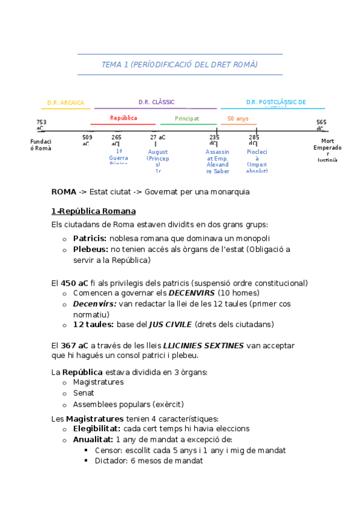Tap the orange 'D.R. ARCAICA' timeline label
tap(66, 103)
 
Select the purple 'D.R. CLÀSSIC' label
tap(156, 102)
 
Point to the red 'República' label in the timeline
tap(123, 118)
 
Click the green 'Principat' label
tap(187, 118)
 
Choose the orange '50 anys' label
tap(238, 118)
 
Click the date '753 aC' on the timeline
tap(41, 125)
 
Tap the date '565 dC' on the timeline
tap(322, 125)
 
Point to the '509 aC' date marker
tap(87, 141)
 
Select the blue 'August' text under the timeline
tap(157, 152)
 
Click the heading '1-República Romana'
tap(94, 211)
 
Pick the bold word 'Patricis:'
tap(90, 238)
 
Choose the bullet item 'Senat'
tap(84, 393)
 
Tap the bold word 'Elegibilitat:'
tap(97, 429)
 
